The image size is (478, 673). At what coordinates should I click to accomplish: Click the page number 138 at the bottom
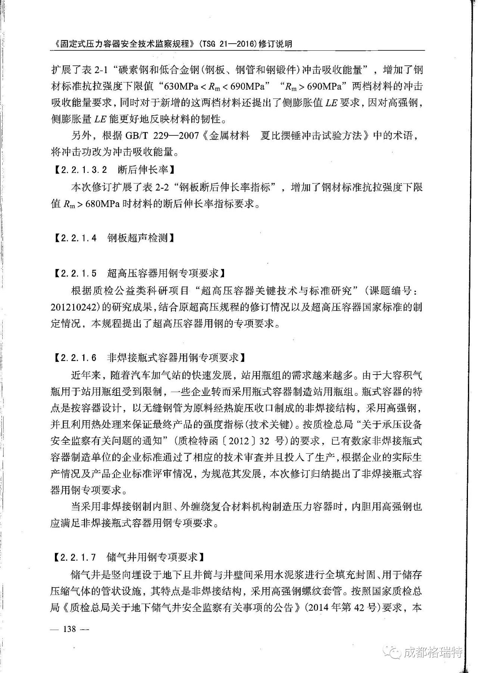69,629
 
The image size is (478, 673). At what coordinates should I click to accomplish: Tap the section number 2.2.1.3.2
83,170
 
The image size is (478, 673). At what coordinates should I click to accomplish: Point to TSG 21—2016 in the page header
229,44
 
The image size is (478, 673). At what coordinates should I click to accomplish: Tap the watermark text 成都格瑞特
433,652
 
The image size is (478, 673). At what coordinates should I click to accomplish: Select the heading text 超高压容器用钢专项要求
162,273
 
